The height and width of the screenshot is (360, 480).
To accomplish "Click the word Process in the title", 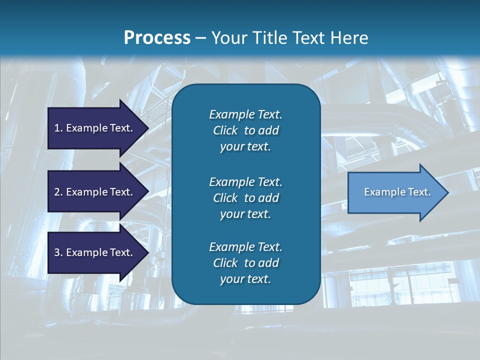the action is [157, 38].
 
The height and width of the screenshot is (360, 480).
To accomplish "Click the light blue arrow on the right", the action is [395, 192].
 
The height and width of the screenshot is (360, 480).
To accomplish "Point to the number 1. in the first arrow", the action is [58, 128].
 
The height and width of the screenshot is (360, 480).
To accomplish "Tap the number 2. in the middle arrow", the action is [58, 192].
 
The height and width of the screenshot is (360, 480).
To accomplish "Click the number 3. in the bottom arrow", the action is [58, 252].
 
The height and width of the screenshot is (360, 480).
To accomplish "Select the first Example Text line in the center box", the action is [245, 114].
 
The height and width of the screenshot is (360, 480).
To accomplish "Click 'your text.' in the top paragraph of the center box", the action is [245, 147].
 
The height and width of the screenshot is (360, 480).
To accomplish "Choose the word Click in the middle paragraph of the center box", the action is [225, 198].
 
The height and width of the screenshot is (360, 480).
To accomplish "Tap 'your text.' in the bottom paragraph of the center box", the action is [245, 279].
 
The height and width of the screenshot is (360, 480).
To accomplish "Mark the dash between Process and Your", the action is [200, 38].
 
